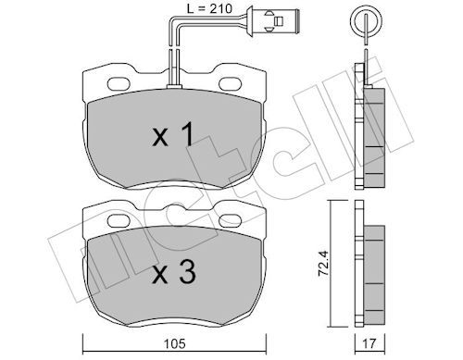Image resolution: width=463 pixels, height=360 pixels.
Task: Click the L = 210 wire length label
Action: pyautogui.click(x=209, y=8)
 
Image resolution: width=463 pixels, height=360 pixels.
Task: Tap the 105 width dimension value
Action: pyautogui.click(x=175, y=343)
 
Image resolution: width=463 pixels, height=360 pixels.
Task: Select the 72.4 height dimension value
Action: pyautogui.click(x=323, y=264)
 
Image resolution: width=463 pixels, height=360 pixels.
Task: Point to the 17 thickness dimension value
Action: pyautogui.click(x=369, y=343)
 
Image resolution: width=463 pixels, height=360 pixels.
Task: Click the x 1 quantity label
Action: pyautogui.click(x=173, y=134)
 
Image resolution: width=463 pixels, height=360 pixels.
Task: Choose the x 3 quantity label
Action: pyautogui.click(x=174, y=272)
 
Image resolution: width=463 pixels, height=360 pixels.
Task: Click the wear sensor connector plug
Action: pyautogui.click(x=272, y=21)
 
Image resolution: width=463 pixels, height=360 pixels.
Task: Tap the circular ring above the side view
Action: pyautogui.click(x=366, y=21)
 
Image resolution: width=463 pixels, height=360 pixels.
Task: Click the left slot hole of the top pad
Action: pyautogui.click(x=119, y=83)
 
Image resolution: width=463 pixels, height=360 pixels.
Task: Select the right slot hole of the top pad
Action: pyautogui.click(x=230, y=83)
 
